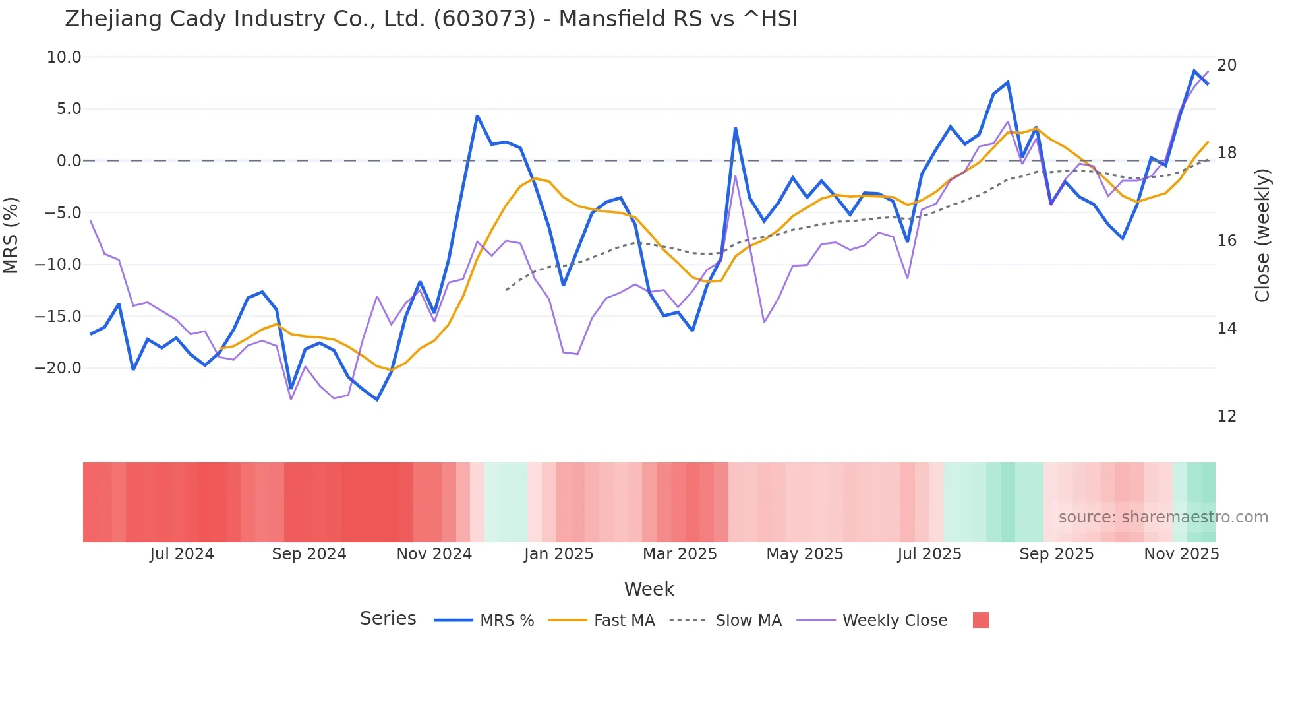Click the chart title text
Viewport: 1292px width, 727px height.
click(x=431, y=19)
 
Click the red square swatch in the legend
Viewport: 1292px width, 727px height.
click(x=980, y=620)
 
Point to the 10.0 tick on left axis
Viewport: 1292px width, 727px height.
click(x=64, y=57)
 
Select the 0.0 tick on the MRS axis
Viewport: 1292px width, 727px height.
click(x=69, y=161)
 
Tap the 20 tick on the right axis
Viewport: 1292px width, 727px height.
click(x=1227, y=65)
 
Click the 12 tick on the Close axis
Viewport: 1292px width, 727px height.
click(x=1227, y=416)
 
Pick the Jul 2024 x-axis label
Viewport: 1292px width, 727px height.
click(x=182, y=554)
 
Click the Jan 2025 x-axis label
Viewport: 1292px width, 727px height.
click(x=559, y=554)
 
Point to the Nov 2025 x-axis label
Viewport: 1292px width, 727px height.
click(x=1181, y=554)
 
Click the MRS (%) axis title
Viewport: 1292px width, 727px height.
click(x=11, y=235)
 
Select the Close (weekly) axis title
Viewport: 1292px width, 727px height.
click(x=1262, y=236)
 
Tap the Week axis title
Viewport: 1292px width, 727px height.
click(x=649, y=589)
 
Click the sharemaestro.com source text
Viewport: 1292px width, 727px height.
click(x=1163, y=517)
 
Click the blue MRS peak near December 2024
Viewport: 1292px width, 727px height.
click(x=477, y=117)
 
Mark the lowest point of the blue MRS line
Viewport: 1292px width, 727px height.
click(x=377, y=400)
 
